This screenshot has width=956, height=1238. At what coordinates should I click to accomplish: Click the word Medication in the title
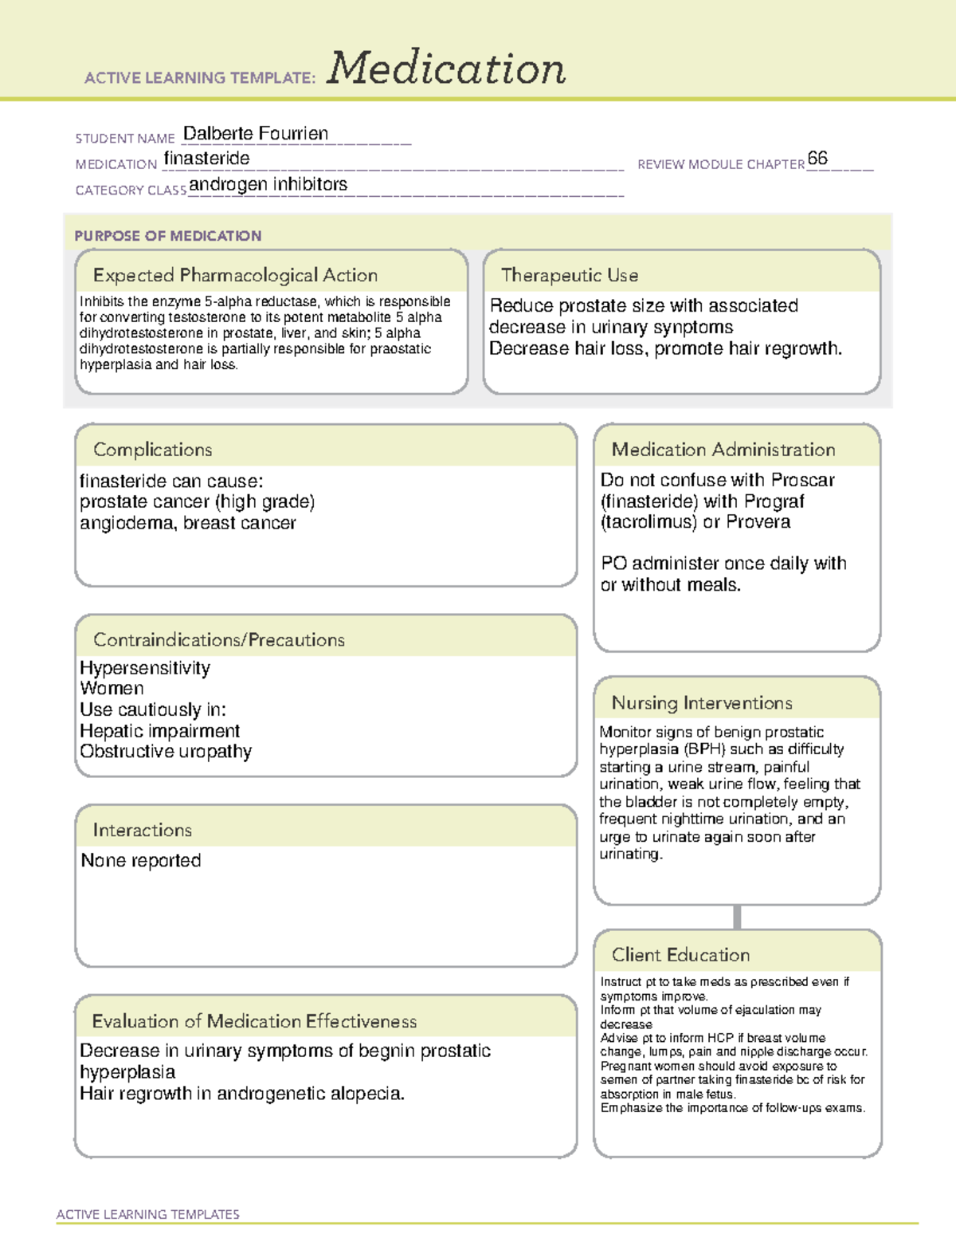pos(446,69)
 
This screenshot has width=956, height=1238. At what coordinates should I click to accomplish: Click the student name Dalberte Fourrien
pos(255,133)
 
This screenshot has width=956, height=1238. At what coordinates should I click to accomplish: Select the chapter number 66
pos(817,158)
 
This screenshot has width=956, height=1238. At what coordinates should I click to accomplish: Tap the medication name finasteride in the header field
pos(206,159)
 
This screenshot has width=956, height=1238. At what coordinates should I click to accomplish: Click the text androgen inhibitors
pos(268,184)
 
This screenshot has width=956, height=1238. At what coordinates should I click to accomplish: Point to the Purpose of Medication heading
pos(167,236)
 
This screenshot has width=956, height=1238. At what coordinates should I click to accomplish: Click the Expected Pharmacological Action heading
pos(235,275)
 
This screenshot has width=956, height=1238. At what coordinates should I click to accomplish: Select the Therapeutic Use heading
pos(569,275)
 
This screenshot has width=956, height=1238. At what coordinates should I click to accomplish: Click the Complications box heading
pos(152,450)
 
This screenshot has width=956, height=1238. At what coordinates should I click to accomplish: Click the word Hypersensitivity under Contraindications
pos(145,668)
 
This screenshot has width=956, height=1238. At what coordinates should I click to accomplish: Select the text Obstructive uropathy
pos(166,752)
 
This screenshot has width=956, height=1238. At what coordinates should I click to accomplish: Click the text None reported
pos(141,861)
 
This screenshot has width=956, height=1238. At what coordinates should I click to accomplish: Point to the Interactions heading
pos(142,830)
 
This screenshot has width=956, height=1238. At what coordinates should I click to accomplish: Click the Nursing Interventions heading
pos(702,703)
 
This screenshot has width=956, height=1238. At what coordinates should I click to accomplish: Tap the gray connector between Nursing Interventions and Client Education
pos(737,917)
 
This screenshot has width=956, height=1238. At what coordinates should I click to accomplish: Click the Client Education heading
pos(680,955)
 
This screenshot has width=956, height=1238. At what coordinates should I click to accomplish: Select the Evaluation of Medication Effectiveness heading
pos(254,1021)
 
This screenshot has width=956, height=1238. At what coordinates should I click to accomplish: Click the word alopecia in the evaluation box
pos(367,1094)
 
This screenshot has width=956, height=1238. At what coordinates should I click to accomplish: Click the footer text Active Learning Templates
pos(147,1214)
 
